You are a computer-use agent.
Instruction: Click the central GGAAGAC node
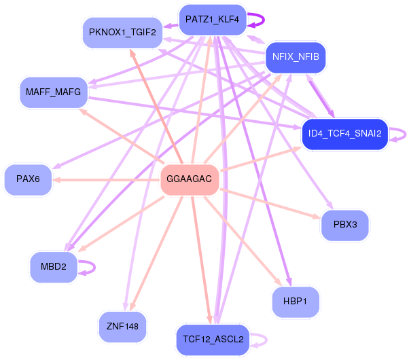coord(190,179)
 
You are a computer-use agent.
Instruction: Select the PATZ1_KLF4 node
coord(213,20)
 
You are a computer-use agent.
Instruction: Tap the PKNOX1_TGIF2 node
coord(122,33)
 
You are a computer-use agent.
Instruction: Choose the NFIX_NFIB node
coord(296,57)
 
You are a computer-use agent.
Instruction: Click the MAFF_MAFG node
coord(54,92)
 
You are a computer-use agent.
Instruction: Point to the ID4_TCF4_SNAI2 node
coord(345,134)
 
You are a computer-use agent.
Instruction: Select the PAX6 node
coord(28,179)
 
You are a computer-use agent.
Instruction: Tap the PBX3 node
coord(345,225)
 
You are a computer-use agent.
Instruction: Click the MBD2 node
coord(54,267)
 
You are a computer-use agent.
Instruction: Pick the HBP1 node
coord(296,302)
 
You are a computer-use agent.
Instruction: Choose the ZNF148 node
coord(122,327)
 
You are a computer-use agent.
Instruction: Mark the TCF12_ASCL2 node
coord(213,340)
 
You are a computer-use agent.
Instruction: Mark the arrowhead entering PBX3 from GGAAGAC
coord(317,217)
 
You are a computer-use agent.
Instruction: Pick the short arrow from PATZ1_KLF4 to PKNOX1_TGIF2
coord(171,26)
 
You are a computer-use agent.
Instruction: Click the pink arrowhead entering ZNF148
coord(132,306)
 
